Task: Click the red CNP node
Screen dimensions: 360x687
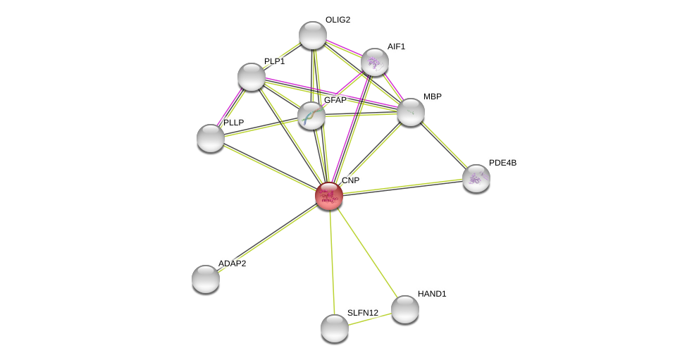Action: coord(329,196)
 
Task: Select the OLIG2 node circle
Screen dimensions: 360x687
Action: coord(313,35)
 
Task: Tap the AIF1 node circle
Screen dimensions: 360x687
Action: coord(375,62)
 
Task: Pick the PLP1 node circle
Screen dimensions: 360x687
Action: coord(252,77)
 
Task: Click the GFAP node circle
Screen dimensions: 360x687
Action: coord(311,116)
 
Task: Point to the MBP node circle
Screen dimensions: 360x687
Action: coord(411,112)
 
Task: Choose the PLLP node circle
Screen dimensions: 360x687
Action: coord(211,138)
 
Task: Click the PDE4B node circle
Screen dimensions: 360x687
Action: coord(476,178)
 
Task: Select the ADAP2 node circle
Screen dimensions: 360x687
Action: coord(206,279)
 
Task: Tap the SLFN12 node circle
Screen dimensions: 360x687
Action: coord(335,328)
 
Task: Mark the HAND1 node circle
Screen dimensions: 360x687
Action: coord(405,309)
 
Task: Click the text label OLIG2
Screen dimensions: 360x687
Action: coord(338,20)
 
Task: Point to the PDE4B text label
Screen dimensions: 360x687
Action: coord(502,163)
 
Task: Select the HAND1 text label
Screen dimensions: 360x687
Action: coord(432,294)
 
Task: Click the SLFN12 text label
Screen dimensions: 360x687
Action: coord(363,313)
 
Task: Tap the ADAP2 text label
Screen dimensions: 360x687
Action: coord(232,263)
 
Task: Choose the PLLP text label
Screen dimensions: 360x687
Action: coord(233,123)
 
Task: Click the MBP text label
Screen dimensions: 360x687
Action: coord(433,97)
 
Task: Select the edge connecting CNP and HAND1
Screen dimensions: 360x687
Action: coord(367,252)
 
